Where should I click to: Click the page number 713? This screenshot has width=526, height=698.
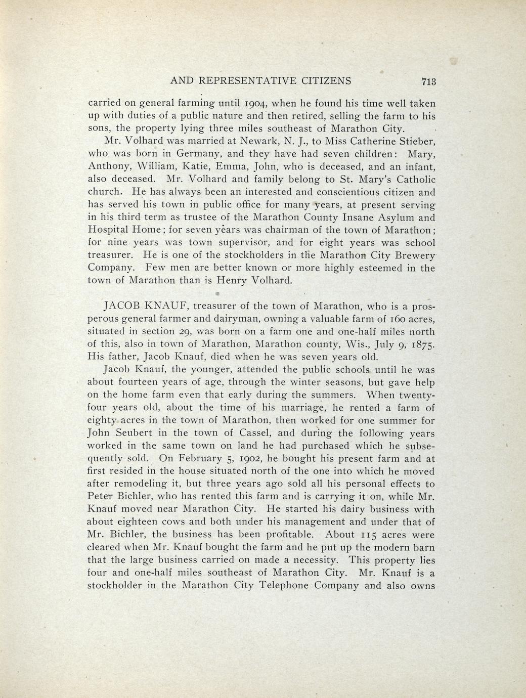(428, 81)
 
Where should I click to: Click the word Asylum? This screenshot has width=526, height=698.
(392, 217)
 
